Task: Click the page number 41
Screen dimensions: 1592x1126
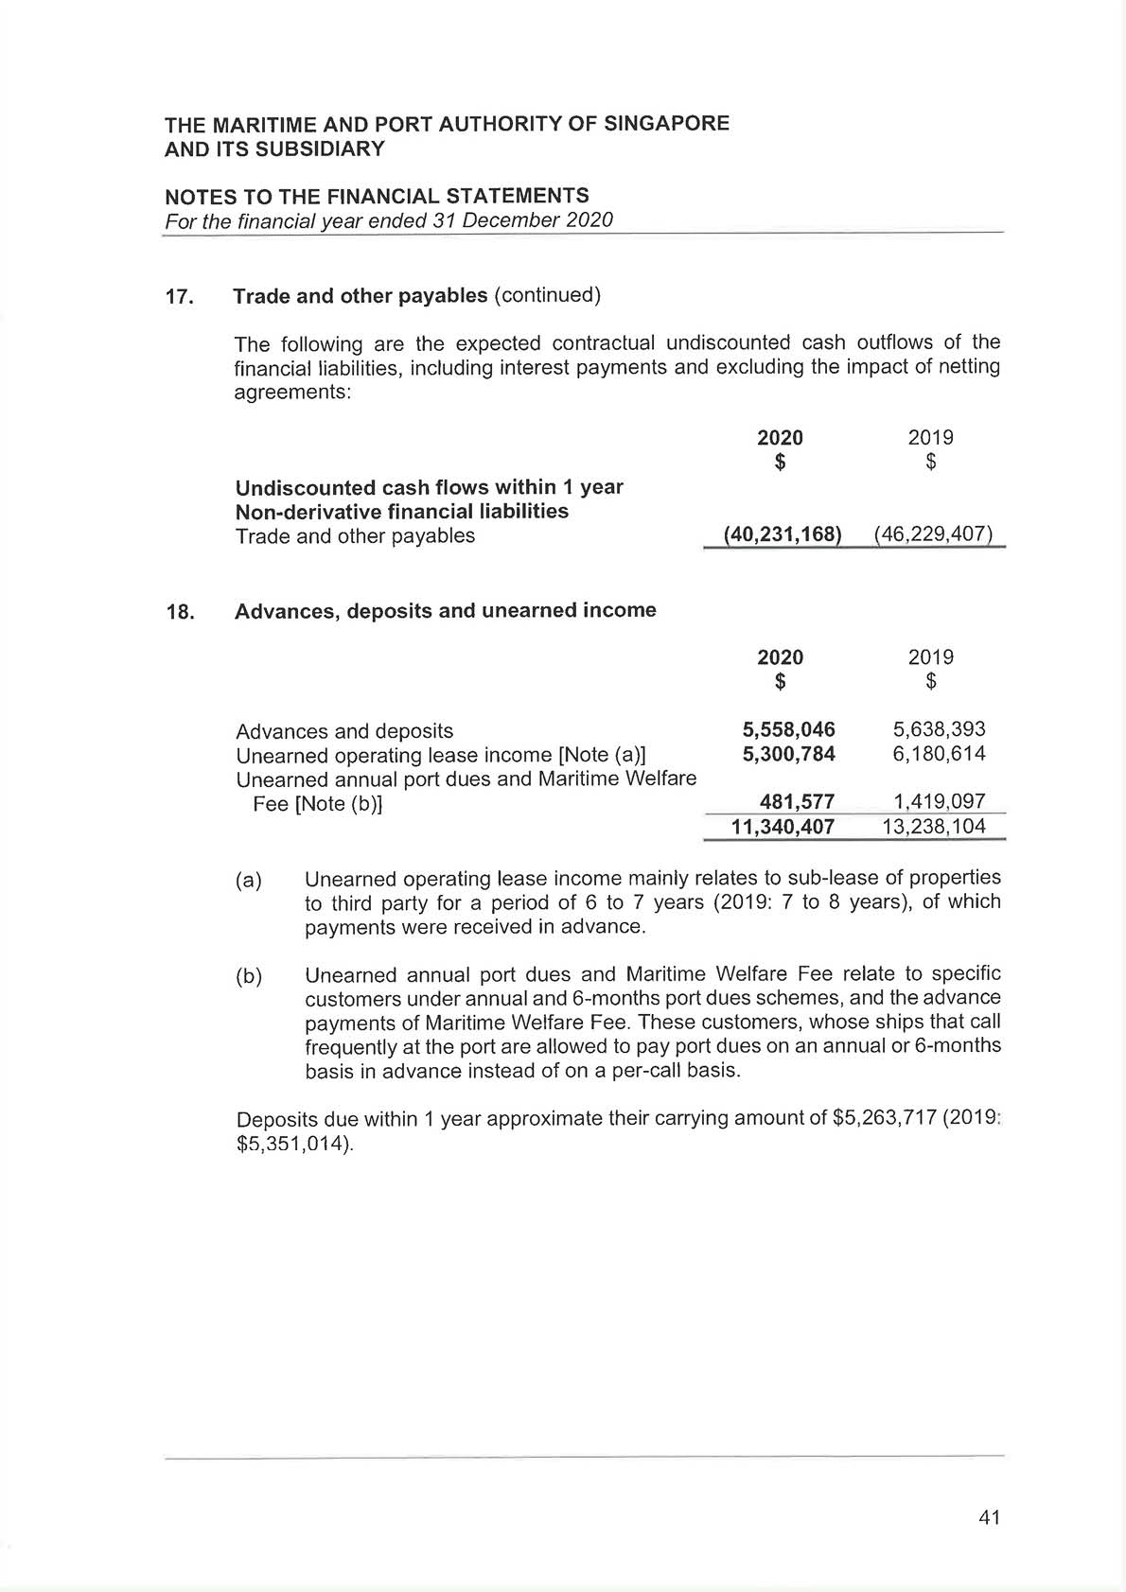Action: [989, 1518]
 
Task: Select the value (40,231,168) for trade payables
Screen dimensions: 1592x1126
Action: [782, 534]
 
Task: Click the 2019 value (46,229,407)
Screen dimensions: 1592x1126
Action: [933, 534]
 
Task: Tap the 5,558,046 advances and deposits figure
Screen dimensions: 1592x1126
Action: [788, 729]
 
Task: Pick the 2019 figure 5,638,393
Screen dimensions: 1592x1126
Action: [939, 729]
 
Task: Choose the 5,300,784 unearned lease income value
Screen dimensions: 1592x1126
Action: [788, 754]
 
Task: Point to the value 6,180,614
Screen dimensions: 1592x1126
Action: [939, 754]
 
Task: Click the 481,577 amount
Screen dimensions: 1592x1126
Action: [797, 802]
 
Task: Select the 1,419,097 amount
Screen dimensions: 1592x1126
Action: [939, 802]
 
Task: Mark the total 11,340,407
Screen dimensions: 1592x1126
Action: [783, 827]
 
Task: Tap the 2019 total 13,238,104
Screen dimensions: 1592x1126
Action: [933, 827]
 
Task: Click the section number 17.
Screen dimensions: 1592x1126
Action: [179, 297]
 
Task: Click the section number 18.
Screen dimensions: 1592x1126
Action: [180, 612]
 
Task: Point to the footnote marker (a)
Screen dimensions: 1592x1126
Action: [248, 880]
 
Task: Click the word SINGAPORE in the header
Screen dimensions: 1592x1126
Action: [668, 124]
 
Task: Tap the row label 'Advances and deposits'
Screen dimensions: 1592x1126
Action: [344, 731]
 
